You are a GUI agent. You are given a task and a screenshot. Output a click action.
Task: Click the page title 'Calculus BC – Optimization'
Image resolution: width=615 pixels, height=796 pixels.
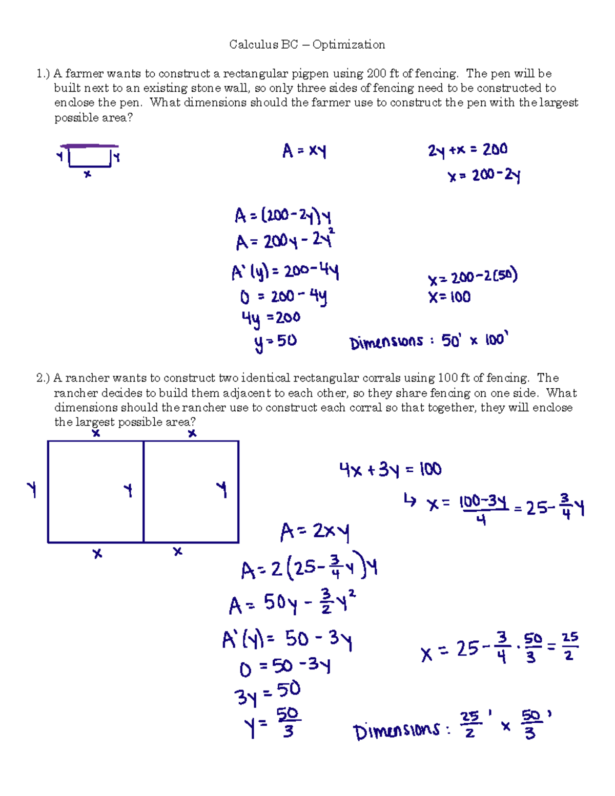(x=307, y=45)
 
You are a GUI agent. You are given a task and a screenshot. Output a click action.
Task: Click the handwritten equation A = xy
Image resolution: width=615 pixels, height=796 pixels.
(x=304, y=151)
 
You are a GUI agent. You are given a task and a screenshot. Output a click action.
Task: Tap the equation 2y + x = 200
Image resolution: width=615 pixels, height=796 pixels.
(x=467, y=150)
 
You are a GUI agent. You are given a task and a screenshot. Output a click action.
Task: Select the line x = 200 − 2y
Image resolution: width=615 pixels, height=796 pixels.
(x=484, y=176)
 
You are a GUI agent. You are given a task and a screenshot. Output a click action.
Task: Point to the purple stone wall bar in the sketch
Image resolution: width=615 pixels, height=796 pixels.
(x=89, y=146)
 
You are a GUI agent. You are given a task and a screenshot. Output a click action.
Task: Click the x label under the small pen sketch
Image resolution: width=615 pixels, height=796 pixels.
(x=88, y=174)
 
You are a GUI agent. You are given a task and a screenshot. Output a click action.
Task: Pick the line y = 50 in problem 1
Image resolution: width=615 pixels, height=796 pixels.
(x=275, y=342)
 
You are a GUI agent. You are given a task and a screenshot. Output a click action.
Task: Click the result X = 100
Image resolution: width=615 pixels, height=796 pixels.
(x=449, y=297)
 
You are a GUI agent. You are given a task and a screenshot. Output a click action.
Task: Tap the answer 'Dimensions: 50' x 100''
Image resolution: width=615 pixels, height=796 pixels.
(x=428, y=341)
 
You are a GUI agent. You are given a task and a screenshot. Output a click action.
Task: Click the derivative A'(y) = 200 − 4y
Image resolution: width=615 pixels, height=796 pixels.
(x=285, y=271)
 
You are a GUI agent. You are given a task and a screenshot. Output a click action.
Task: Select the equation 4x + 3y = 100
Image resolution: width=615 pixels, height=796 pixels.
(x=390, y=469)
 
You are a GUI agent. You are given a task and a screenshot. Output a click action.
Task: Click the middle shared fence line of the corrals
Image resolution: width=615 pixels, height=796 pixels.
(x=143, y=492)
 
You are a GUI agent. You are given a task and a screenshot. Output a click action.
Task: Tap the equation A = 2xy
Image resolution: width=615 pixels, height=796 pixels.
(x=315, y=532)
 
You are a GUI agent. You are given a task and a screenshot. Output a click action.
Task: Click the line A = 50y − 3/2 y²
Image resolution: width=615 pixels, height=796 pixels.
(x=292, y=602)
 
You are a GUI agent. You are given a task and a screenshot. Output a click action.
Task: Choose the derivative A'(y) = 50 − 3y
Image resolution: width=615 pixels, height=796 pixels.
(x=287, y=639)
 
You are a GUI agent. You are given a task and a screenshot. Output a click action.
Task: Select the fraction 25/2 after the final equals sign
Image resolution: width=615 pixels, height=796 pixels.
(x=569, y=646)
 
